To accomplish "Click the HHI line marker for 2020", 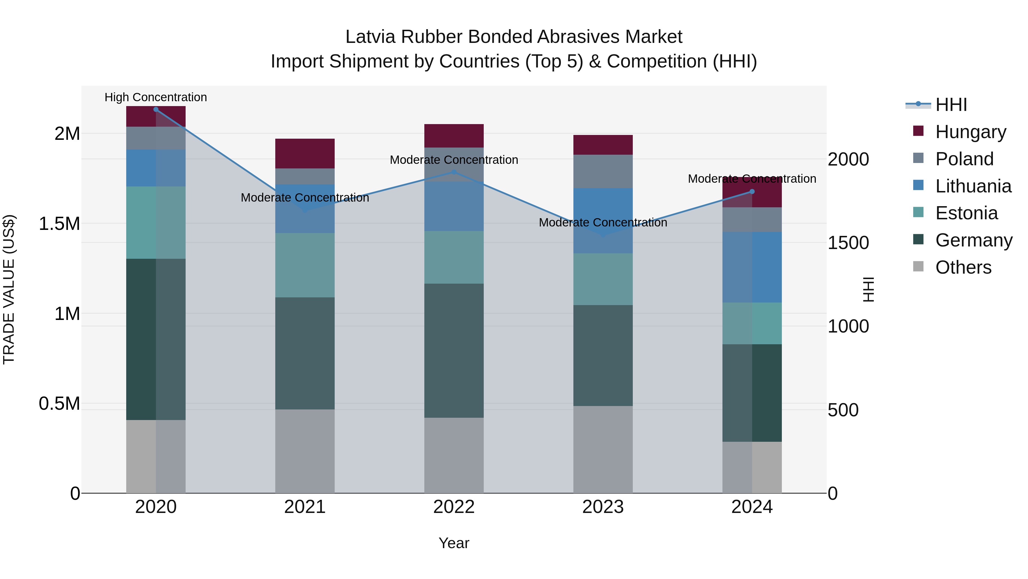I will pyautogui.click(x=156, y=109).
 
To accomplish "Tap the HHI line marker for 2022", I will pyautogui.click(x=454, y=172).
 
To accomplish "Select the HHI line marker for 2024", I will pyautogui.click(x=752, y=191).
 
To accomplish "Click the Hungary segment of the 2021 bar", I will pyautogui.click(x=305, y=154).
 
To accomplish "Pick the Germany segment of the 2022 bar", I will pyautogui.click(x=454, y=351).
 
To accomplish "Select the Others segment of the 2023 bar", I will pyautogui.click(x=603, y=449).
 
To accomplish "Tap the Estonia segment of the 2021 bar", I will pyautogui.click(x=305, y=265).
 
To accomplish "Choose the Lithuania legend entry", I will pyautogui.click(x=973, y=186).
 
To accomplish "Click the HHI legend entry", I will pyautogui.click(x=951, y=105).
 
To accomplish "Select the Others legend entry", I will pyautogui.click(x=963, y=267).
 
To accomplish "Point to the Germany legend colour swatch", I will pyautogui.click(x=918, y=240).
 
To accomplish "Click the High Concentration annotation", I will pyautogui.click(x=156, y=97).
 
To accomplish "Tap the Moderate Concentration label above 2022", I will pyautogui.click(x=454, y=160).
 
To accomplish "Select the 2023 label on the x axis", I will pyautogui.click(x=603, y=507).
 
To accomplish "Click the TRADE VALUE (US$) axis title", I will pyautogui.click(x=9, y=289).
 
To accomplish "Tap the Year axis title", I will pyautogui.click(x=454, y=543).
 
